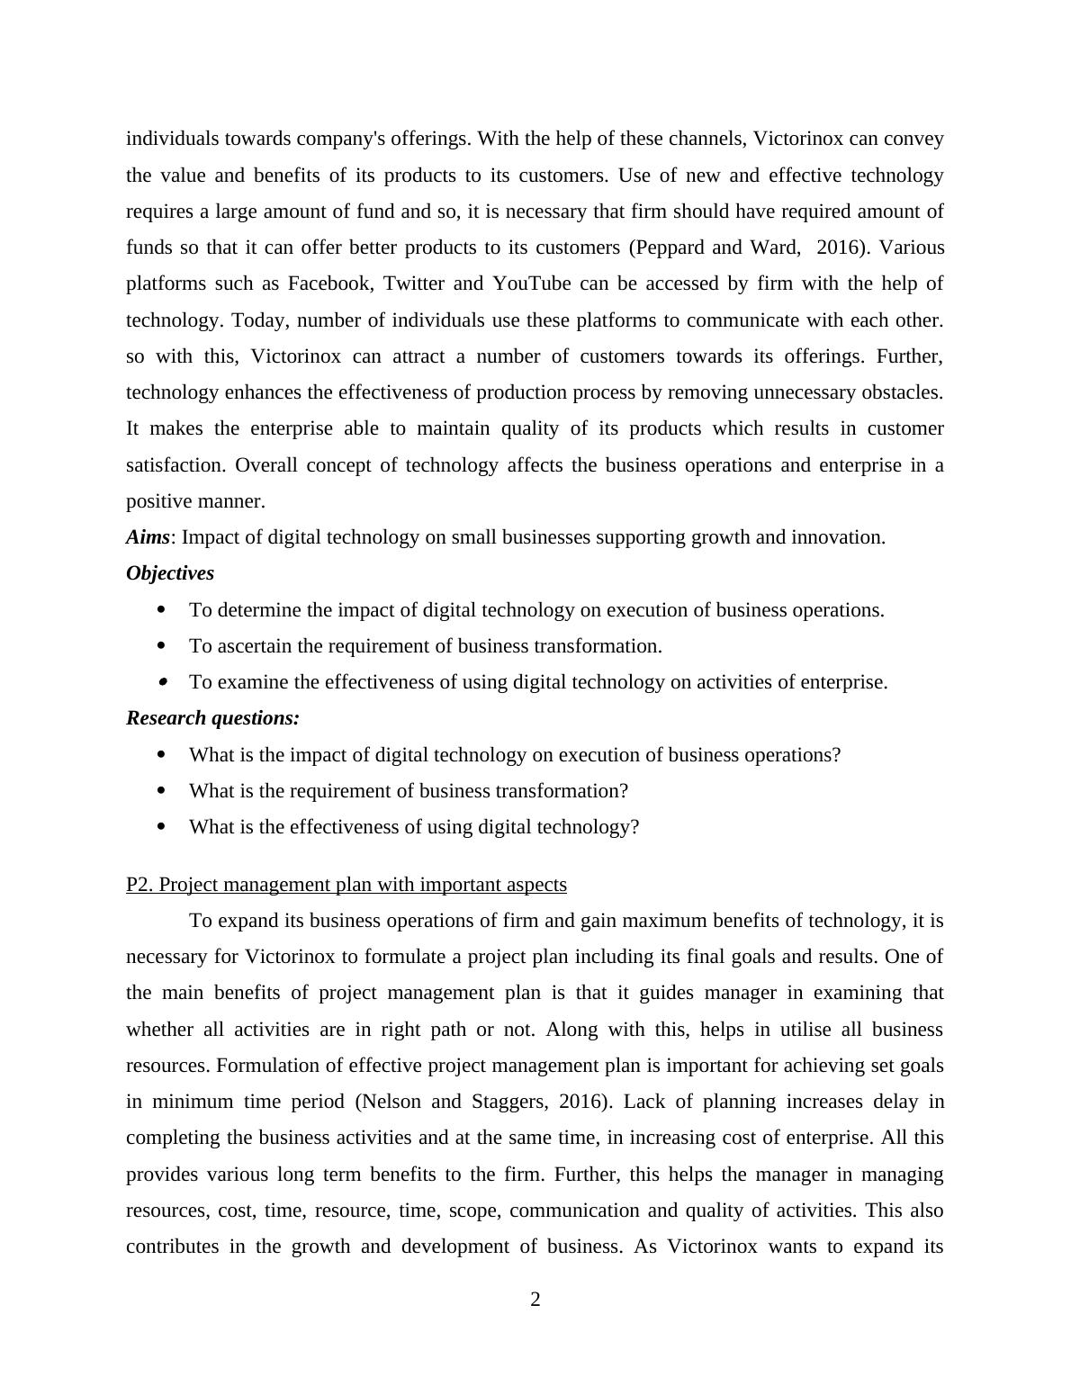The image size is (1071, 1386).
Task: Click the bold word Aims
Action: [x=148, y=537]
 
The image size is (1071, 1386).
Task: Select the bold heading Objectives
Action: [x=170, y=573]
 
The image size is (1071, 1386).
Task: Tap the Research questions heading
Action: [x=212, y=718]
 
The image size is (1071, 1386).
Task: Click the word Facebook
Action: [x=329, y=283]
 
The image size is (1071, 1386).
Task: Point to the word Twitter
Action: [x=413, y=283]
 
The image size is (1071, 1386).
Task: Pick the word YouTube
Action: [x=531, y=283]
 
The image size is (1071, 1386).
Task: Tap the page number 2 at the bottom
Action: [x=535, y=1300]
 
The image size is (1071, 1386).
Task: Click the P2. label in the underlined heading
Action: [x=140, y=885]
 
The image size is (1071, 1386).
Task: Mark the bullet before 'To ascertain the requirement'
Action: [x=162, y=646]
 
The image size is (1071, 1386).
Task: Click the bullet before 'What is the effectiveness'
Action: [x=162, y=827]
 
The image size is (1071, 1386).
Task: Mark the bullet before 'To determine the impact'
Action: [x=162, y=610]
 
